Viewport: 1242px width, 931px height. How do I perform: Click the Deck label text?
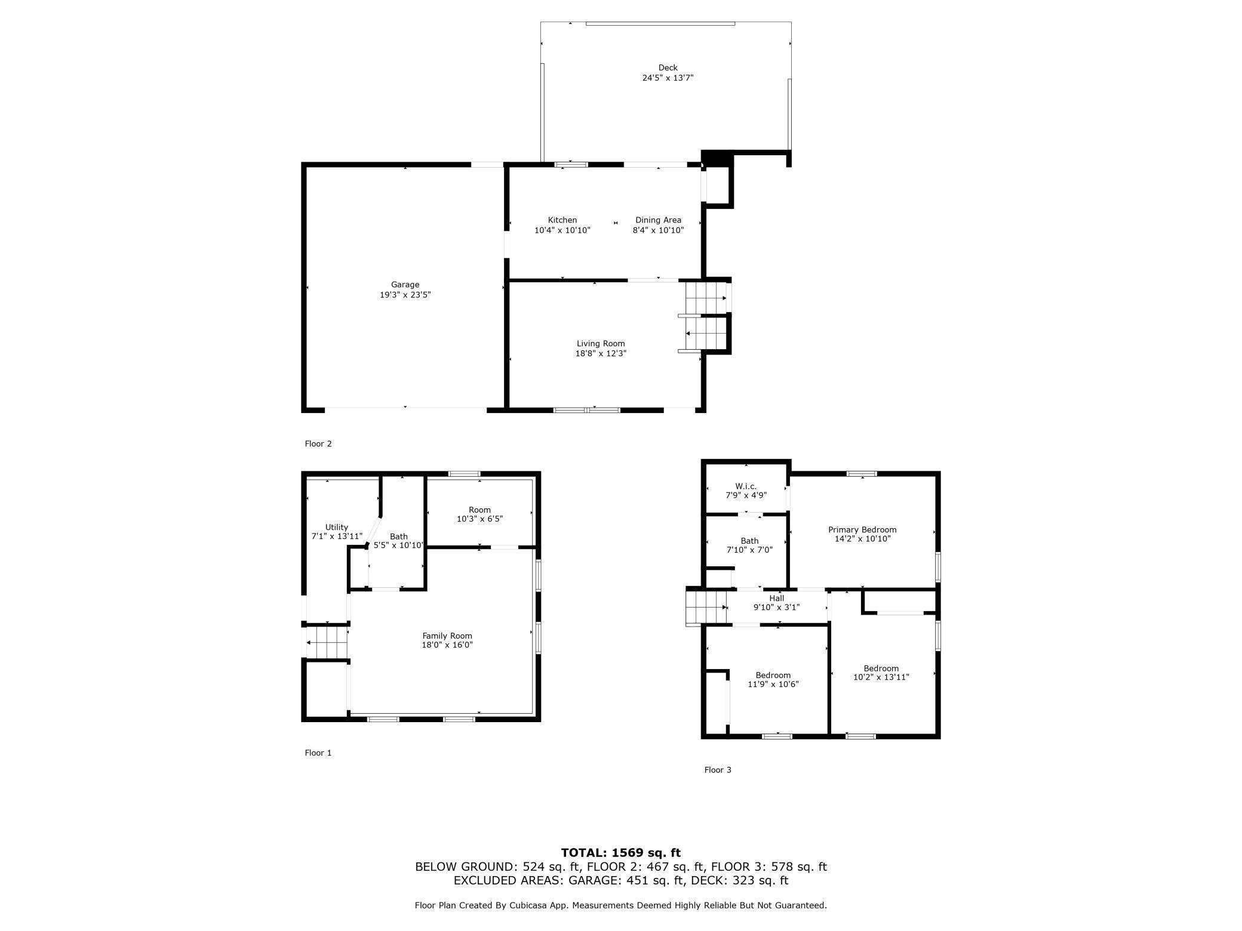click(668, 68)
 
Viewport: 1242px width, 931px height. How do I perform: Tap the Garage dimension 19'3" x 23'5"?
click(405, 295)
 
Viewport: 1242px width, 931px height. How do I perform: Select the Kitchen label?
click(562, 220)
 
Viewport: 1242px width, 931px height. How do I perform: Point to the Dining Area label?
click(658, 220)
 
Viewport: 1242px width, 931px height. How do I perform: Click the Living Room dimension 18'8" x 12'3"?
click(600, 353)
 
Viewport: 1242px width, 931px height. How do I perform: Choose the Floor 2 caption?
click(318, 443)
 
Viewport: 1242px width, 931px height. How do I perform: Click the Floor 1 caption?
click(318, 753)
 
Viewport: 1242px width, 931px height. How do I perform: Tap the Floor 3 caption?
click(717, 770)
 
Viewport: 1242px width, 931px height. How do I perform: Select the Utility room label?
click(336, 528)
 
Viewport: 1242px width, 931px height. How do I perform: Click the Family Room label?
click(447, 636)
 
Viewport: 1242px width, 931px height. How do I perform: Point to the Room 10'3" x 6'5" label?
click(479, 514)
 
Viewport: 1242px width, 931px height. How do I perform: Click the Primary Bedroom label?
click(862, 530)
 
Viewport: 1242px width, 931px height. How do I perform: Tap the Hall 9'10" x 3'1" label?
click(776, 603)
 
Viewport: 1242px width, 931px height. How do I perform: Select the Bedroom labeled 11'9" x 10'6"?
click(773, 680)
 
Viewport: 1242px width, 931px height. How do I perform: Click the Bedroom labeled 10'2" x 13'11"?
click(881, 673)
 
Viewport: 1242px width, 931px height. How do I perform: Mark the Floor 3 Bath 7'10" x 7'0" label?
click(749, 545)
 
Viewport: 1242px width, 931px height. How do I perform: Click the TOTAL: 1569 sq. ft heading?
click(620, 853)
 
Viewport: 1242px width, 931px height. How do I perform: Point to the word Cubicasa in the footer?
click(529, 905)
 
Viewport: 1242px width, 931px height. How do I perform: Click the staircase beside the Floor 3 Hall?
click(706, 607)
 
